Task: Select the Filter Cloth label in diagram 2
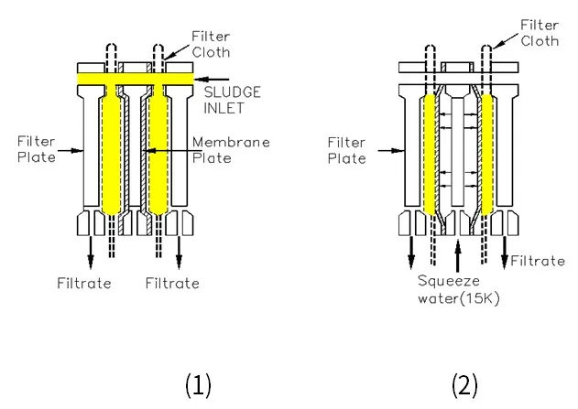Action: click(x=539, y=34)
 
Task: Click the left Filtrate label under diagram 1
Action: click(x=85, y=283)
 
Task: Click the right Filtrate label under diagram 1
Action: click(x=171, y=283)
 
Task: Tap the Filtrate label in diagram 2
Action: click(x=538, y=261)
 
